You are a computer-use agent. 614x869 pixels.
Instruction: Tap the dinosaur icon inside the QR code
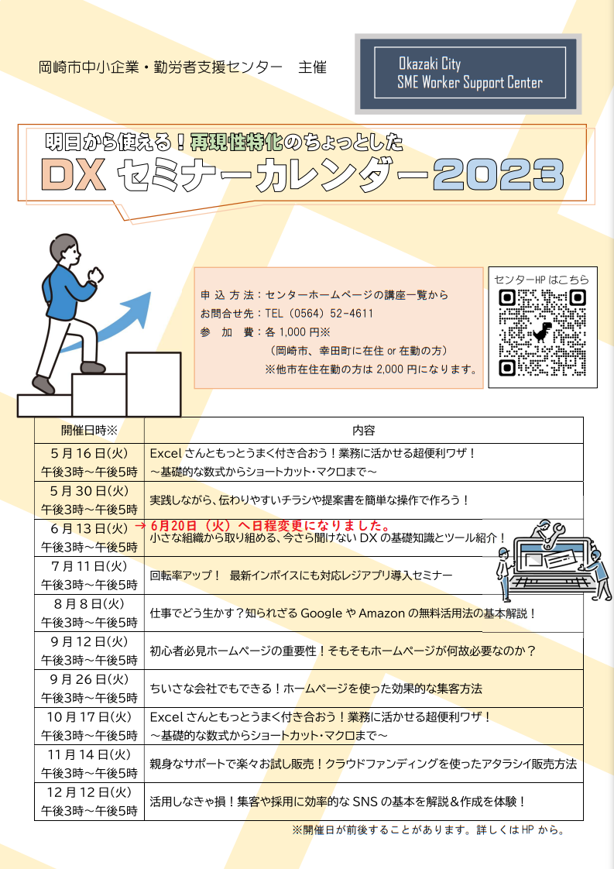pyautogui.click(x=543, y=332)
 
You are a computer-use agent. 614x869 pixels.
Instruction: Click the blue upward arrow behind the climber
pyautogui.click(x=111, y=322)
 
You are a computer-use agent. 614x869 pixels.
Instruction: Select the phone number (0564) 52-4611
pyautogui.click(x=319, y=313)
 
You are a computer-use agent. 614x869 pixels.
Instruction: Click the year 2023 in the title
pyautogui.click(x=499, y=175)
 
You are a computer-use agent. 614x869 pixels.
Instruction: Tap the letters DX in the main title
pyautogui.click(x=74, y=175)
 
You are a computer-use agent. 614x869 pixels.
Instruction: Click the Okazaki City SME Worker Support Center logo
pyautogui.click(x=468, y=73)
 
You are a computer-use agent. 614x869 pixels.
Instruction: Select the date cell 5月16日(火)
pyautogui.click(x=89, y=453)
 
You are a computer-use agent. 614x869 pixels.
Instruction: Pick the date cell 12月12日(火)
pyautogui.click(x=89, y=792)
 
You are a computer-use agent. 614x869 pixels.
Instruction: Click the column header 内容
pyautogui.click(x=364, y=430)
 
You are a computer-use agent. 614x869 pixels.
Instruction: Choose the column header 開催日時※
pyautogui.click(x=89, y=430)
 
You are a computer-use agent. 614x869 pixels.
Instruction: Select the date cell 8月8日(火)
pyautogui.click(x=89, y=604)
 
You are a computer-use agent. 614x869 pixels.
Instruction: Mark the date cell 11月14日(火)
pyautogui.click(x=89, y=755)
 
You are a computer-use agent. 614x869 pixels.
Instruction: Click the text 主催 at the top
pyautogui.click(x=313, y=67)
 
